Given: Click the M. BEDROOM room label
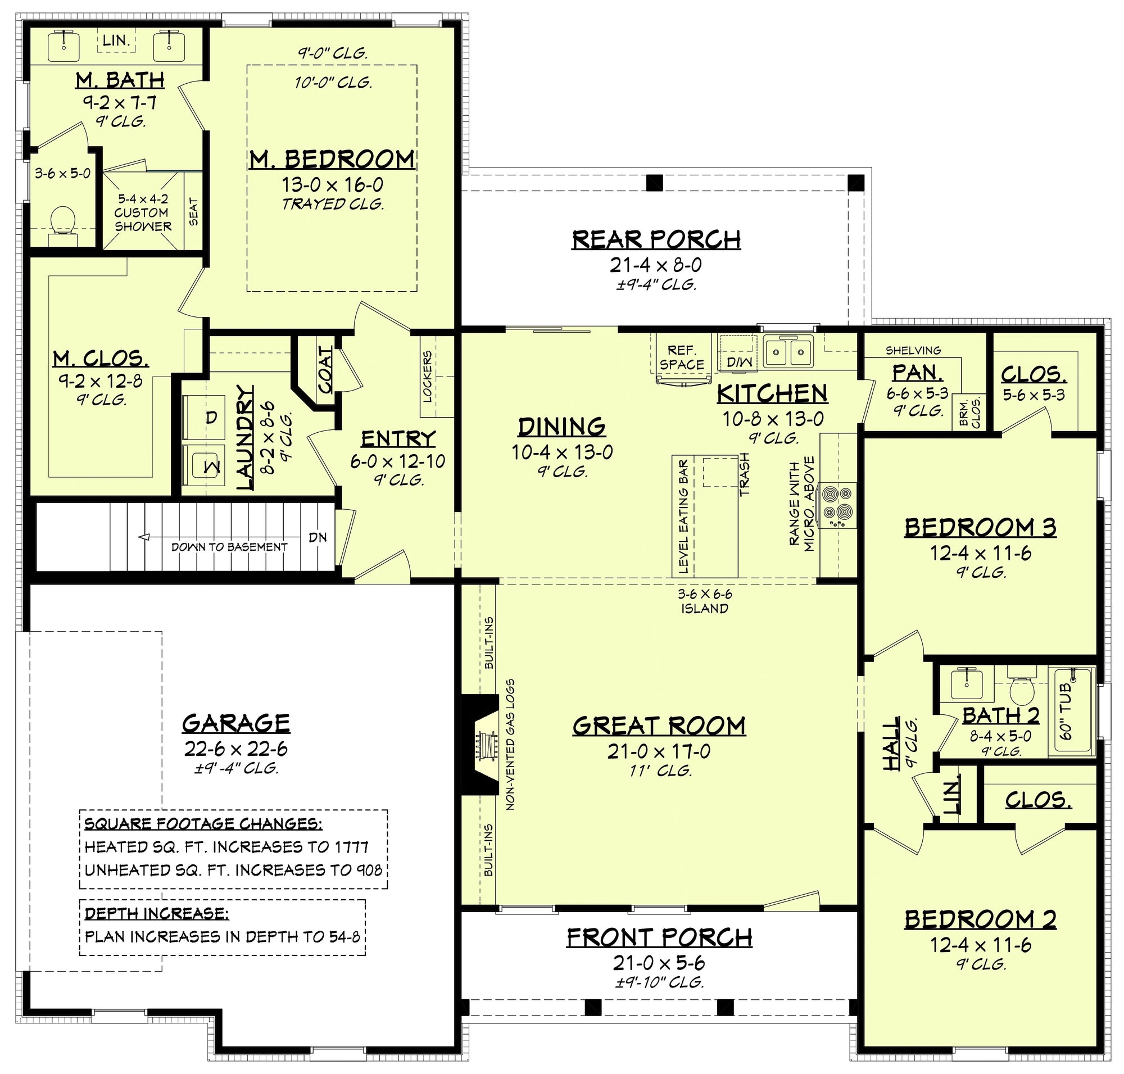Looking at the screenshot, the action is (x=332, y=159).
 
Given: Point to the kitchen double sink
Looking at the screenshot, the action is (x=788, y=350).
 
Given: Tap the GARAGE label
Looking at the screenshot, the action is (x=236, y=724).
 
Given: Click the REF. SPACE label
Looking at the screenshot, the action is (x=681, y=357).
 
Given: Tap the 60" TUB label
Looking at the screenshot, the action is (x=1066, y=711).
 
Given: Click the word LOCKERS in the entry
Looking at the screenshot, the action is (x=427, y=376).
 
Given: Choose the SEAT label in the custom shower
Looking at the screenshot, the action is (x=193, y=211).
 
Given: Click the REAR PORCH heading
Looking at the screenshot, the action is (x=656, y=239).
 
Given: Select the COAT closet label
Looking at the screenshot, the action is (x=324, y=369).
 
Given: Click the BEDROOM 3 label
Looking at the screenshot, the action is (x=980, y=527).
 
